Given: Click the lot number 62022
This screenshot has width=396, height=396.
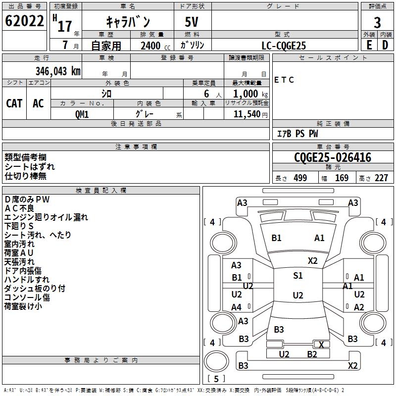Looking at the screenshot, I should [24, 21].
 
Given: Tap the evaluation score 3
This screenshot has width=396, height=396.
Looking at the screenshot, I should [377, 22].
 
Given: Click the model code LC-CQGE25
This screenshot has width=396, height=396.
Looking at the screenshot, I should [284, 46].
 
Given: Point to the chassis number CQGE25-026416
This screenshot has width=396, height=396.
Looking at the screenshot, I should [333, 158].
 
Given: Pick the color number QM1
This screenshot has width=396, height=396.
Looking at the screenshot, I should [82, 113].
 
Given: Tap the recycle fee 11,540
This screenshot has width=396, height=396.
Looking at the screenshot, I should [247, 114].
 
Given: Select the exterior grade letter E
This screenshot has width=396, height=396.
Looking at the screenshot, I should [369, 45].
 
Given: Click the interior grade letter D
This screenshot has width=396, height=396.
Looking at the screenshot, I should [385, 45].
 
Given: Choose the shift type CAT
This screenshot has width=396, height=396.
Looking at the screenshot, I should [14, 103].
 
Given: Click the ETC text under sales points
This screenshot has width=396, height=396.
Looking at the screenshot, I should [284, 80].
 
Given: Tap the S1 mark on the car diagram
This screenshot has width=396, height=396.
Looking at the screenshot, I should [297, 276].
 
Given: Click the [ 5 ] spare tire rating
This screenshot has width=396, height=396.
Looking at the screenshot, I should [216, 379].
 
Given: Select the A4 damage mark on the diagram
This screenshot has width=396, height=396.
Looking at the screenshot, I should [237, 307].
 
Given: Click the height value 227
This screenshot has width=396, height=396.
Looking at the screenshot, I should [381, 178].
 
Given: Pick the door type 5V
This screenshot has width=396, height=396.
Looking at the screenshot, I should [193, 22].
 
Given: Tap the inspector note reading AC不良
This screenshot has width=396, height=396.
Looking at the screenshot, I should [19, 208].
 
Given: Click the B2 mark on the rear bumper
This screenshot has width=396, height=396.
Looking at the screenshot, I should [312, 354].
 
